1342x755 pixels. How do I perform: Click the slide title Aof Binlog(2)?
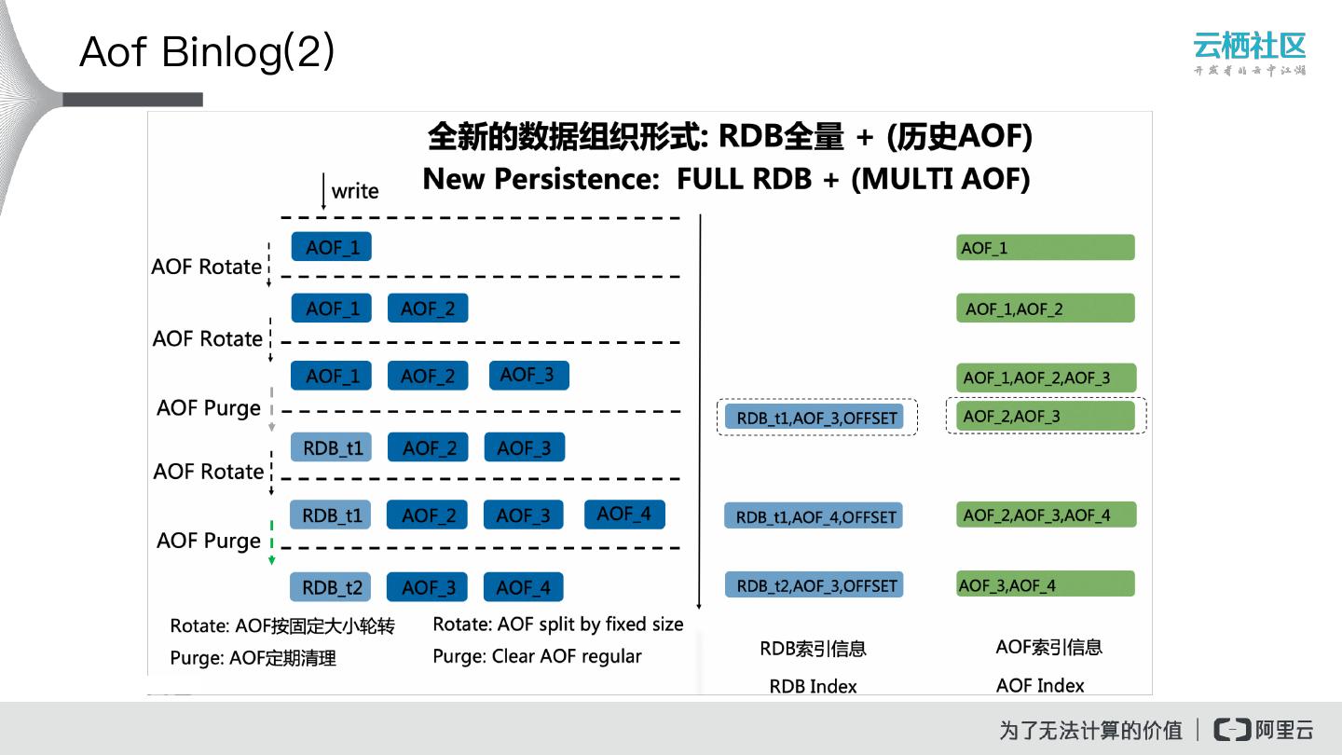coord(207,52)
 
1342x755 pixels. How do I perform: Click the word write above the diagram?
coord(355,191)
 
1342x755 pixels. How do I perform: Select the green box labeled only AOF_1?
coord(1045,248)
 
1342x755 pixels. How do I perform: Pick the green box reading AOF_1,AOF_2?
coord(1045,309)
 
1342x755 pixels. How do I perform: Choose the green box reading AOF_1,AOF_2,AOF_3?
coord(1046,377)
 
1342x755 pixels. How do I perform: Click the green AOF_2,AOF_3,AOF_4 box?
coord(1046,515)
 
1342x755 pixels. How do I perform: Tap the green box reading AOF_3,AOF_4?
coord(1045,584)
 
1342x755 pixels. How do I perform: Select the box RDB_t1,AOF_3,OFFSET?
coord(816,418)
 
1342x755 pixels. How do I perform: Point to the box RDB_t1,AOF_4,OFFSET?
coord(814,516)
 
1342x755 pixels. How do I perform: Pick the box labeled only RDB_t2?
coord(332,587)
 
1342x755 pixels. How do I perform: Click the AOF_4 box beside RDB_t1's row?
coord(624,514)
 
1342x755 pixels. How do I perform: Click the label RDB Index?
coord(813,686)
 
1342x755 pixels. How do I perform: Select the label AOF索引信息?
coord(1048,647)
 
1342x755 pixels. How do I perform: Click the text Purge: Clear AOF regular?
coord(537,656)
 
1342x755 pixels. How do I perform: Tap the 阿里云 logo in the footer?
coord(1264,729)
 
